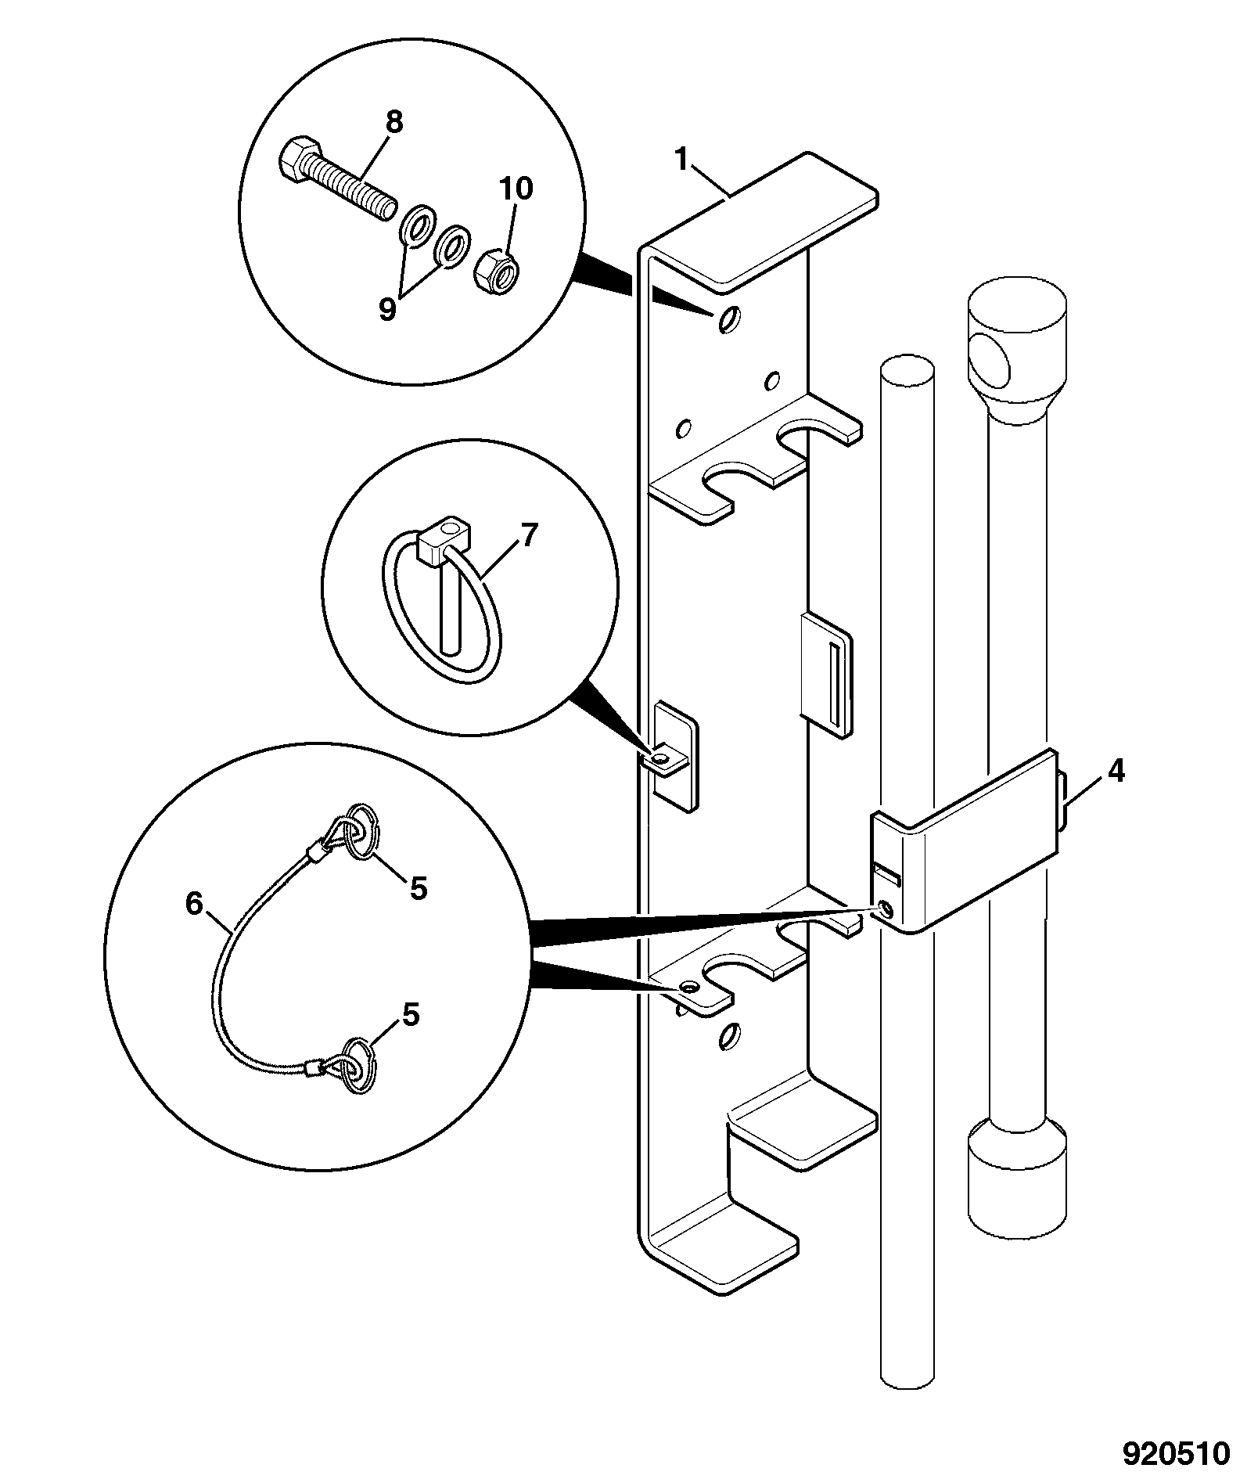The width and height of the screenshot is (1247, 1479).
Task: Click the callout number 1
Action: click(x=682, y=161)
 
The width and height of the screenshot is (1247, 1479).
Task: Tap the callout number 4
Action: click(x=1115, y=772)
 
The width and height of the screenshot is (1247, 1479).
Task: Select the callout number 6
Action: click(x=194, y=904)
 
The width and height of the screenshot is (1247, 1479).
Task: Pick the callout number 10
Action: click(x=516, y=189)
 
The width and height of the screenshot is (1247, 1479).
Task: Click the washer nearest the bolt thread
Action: click(x=416, y=224)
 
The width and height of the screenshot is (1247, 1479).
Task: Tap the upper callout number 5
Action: click(x=419, y=888)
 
